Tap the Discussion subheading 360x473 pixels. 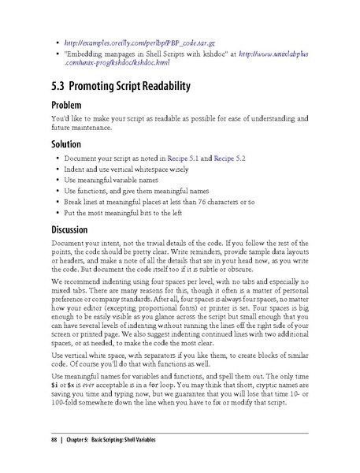coord(76,230)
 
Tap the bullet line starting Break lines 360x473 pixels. coord(158,202)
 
